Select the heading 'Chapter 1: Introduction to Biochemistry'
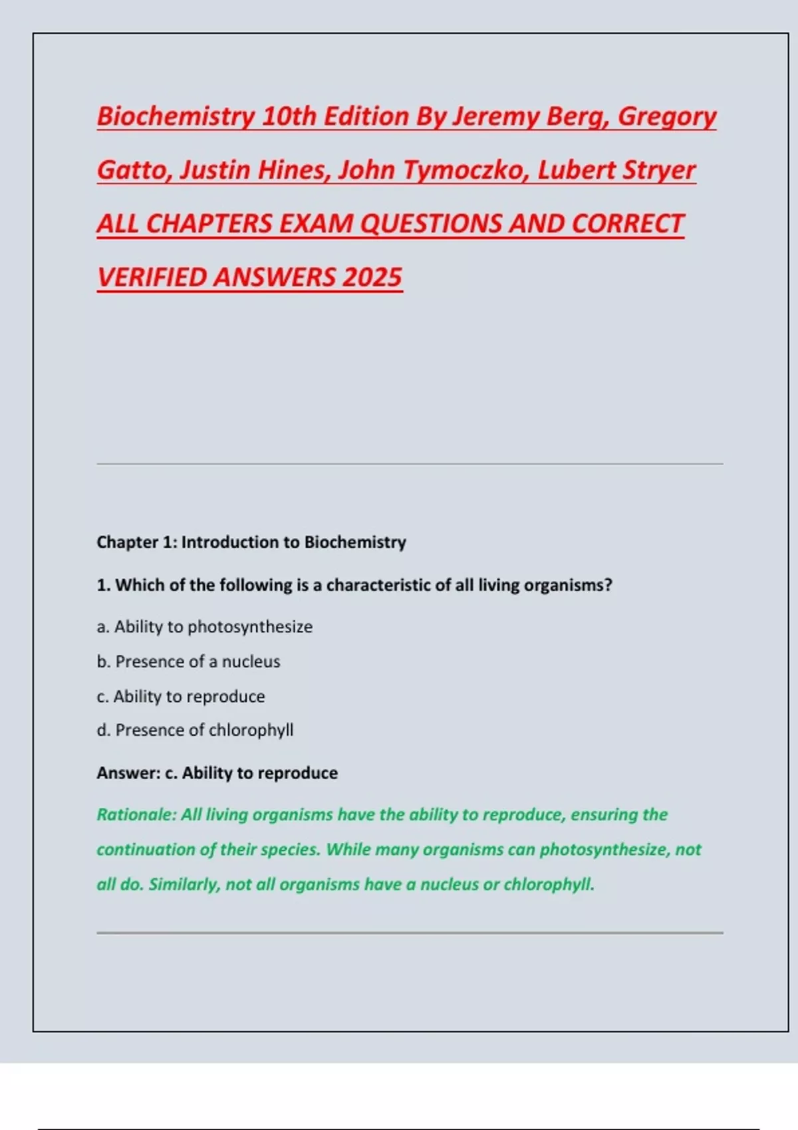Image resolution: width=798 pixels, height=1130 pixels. pos(251,542)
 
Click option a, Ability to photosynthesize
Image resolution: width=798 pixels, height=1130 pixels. pos(205,627)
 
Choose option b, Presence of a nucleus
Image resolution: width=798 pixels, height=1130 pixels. pos(189,661)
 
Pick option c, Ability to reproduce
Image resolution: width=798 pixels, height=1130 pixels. pos(181,697)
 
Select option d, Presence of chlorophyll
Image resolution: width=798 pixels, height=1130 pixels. pos(196,730)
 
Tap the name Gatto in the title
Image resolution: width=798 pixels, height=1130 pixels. pos(134,170)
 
